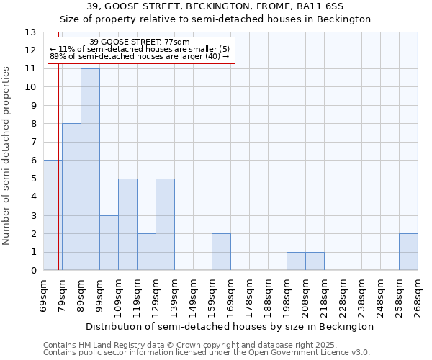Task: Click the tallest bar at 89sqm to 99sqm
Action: coord(90,169)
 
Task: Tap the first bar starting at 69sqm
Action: coord(53,215)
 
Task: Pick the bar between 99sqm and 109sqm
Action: coord(109,243)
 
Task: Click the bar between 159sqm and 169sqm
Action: coord(221,252)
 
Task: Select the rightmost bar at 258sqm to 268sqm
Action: coord(408,252)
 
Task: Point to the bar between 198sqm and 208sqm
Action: coord(296,261)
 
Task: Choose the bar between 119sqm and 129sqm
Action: coord(146,252)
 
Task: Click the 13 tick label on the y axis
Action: coord(30,32)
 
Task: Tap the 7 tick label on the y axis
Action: coord(33,143)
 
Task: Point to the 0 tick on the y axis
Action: coord(33,271)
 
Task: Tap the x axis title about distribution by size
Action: coord(230,326)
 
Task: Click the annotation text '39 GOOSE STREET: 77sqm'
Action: coord(140,42)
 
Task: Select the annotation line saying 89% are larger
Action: coord(140,56)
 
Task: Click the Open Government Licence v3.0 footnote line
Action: coord(207,353)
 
